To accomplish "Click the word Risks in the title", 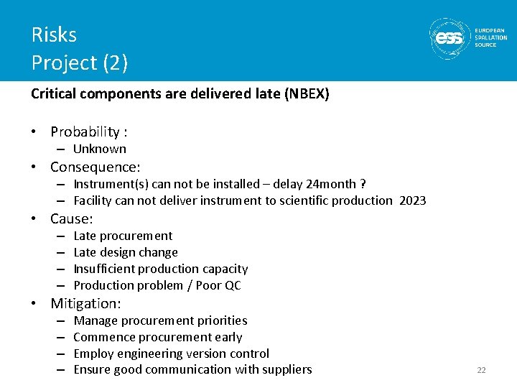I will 54,34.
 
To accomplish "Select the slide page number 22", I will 481,370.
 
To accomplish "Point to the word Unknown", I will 100,149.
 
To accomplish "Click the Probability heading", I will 85,131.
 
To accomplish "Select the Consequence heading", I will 95,167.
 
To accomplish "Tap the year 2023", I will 412,201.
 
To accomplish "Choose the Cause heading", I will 72,219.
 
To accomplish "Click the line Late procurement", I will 123,236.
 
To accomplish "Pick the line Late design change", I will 126,252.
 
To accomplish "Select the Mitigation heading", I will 85,304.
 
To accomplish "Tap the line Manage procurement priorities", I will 160,320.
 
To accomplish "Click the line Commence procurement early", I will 158,337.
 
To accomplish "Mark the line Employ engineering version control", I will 172,354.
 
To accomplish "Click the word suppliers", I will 287,370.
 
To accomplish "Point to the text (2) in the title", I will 115,63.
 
